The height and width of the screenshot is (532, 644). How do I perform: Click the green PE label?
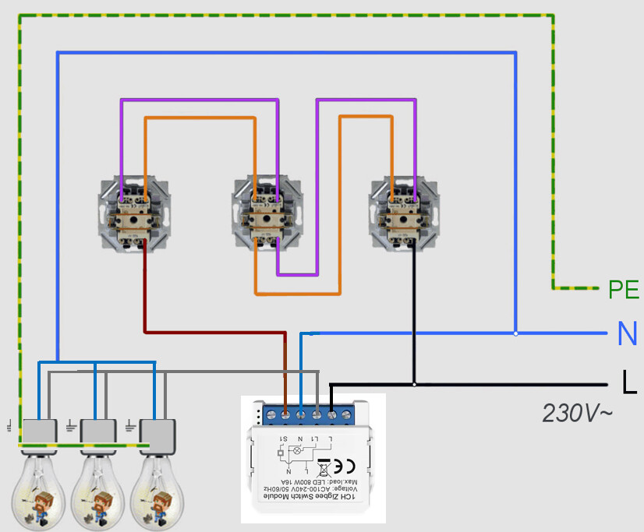point(624,291)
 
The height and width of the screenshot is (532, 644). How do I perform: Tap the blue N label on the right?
point(627,334)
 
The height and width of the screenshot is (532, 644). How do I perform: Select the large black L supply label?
point(628,382)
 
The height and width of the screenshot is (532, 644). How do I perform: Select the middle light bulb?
point(98,487)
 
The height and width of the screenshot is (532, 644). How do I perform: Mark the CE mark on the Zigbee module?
point(344,467)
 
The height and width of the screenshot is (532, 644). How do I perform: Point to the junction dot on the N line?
point(515,333)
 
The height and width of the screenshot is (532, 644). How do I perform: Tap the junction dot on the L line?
point(414,384)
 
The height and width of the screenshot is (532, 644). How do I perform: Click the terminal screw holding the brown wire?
point(285,415)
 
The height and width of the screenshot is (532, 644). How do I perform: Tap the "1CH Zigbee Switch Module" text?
point(312,496)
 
